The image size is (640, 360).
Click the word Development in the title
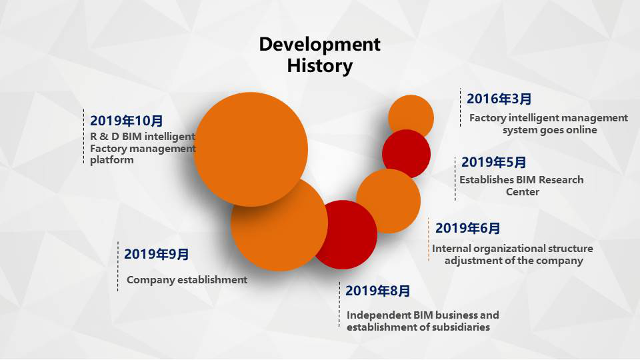pos(319,44)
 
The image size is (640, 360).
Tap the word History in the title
pos(319,66)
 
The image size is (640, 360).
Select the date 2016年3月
pos(499,99)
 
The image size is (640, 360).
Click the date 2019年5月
pos(493,162)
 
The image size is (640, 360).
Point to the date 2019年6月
pos(468,228)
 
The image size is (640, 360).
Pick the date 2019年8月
pos(377,291)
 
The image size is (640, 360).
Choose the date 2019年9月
pos(156,254)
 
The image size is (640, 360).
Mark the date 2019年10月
pos(127,121)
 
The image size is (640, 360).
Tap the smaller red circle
pos(407,154)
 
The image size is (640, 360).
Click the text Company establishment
pos(187,280)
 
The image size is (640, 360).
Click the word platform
pos(112,160)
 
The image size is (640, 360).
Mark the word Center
pos(523,192)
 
